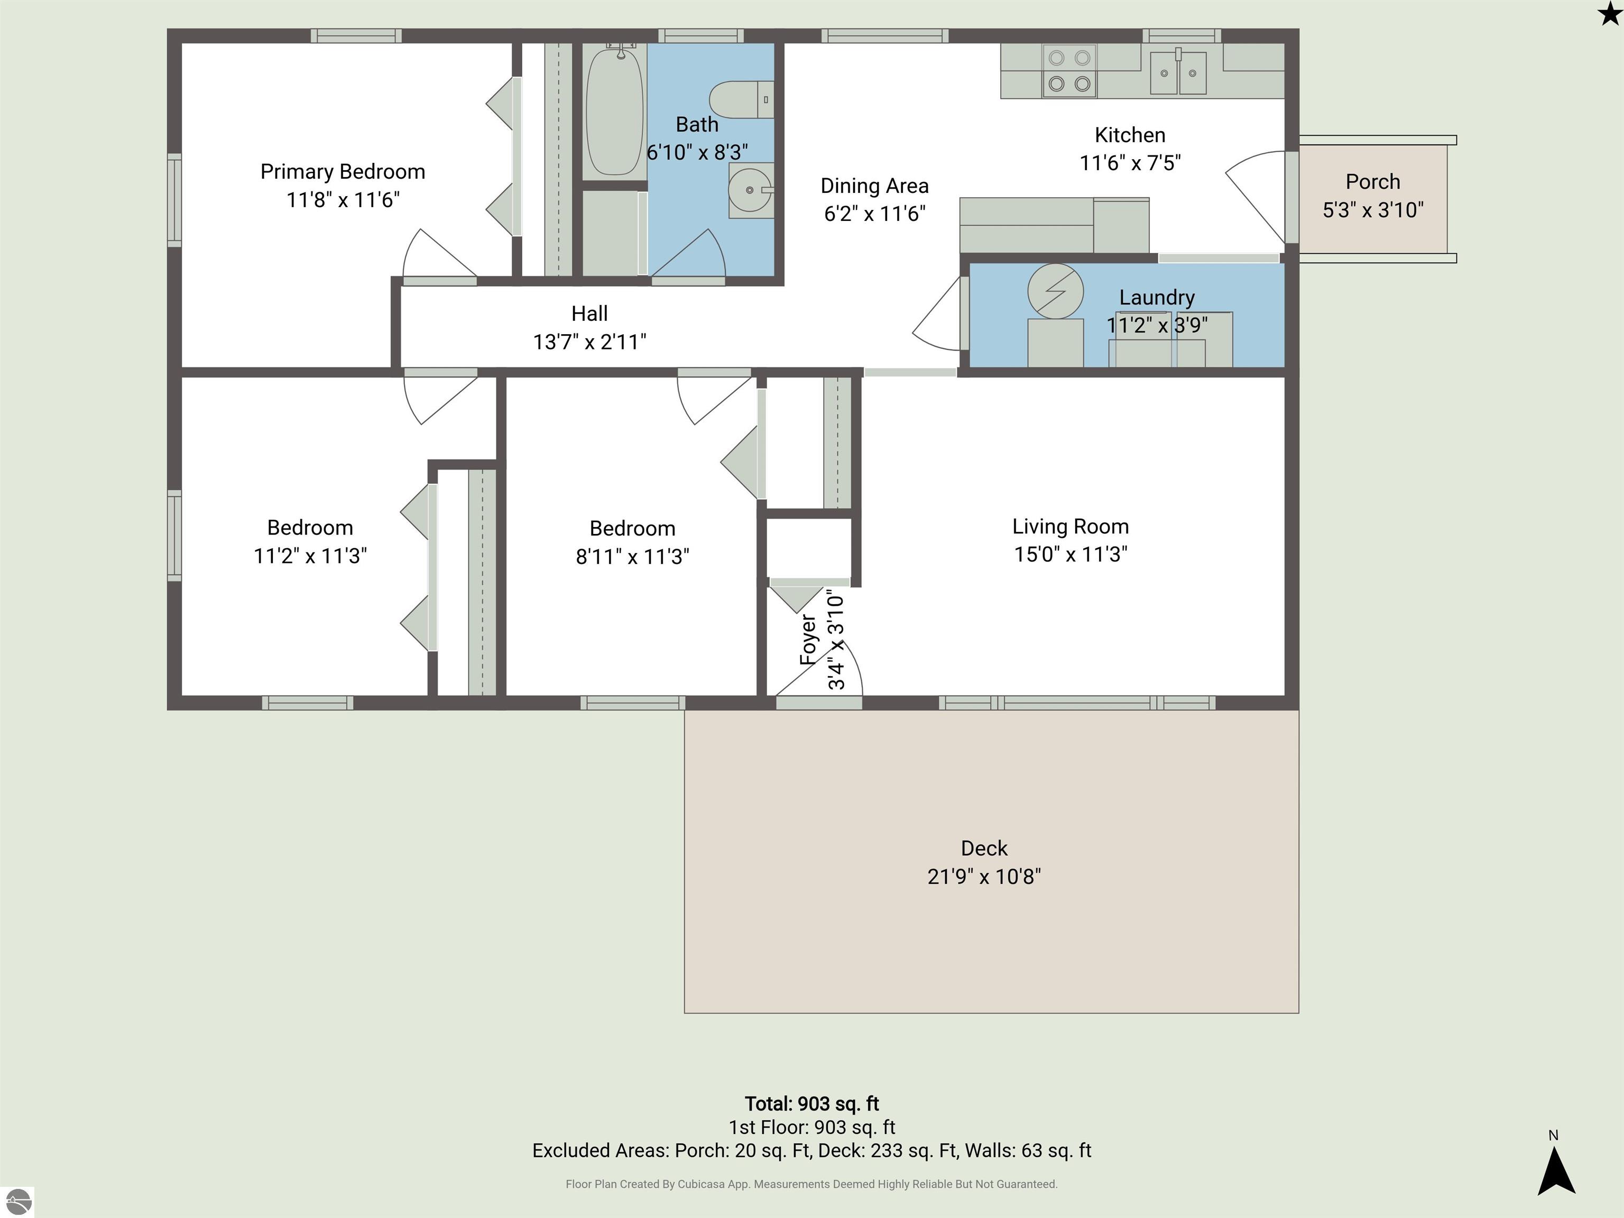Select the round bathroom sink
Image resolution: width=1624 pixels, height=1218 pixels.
click(750, 190)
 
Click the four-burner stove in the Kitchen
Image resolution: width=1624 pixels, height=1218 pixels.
click(1069, 71)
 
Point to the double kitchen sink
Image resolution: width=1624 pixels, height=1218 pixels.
click(1178, 72)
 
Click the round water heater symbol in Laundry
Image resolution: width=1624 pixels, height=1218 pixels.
click(1055, 291)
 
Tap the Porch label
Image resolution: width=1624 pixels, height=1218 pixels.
click(1372, 181)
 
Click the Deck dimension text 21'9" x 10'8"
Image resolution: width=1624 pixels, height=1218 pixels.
click(984, 876)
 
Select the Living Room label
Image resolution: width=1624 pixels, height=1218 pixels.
click(1071, 527)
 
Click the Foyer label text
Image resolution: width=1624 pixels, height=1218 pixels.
click(808, 640)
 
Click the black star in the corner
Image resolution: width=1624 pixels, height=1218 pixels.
click(1609, 13)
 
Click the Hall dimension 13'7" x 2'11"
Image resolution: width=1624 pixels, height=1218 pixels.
click(589, 342)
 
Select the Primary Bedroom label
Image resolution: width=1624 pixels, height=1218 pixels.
click(343, 172)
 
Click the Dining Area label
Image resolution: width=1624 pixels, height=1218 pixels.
click(874, 186)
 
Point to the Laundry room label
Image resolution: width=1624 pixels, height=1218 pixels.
click(1157, 297)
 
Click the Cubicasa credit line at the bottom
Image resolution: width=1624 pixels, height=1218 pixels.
click(811, 1184)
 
